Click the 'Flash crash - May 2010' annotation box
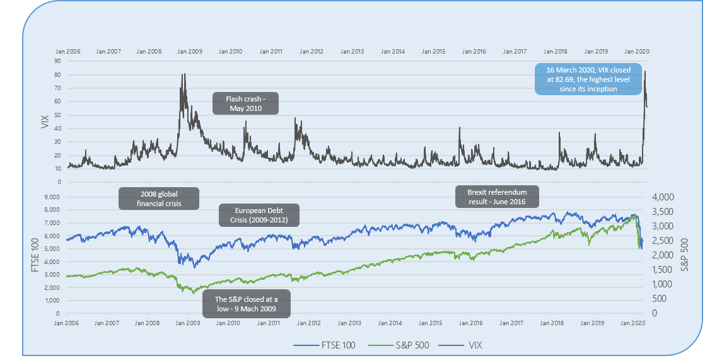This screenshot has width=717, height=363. coord(245,103)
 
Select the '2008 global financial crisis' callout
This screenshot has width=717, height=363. coord(158,198)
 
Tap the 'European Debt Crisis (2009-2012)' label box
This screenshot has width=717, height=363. coord(259,215)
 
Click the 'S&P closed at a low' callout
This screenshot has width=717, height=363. coord(247,305)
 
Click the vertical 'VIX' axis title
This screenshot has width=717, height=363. coord(45,121)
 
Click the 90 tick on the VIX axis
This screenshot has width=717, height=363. coord(58,61)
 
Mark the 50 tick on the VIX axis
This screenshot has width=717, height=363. coord(58,115)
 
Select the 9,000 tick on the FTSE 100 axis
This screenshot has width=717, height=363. coord(52,197)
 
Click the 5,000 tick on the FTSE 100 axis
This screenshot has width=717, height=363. coord(52,248)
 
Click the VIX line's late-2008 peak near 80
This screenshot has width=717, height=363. coord(184,74)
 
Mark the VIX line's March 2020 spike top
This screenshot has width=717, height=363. coord(644,71)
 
